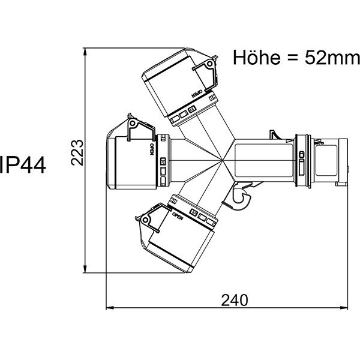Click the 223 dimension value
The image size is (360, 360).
(x=77, y=152)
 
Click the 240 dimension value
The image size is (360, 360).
(x=235, y=301)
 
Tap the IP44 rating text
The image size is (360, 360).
(x=23, y=164)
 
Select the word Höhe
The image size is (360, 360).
(x=256, y=58)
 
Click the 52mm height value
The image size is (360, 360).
(x=332, y=58)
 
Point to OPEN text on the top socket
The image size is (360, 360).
(x=197, y=94)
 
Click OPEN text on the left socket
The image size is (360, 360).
(x=152, y=149)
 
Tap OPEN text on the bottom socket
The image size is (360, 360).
(x=178, y=216)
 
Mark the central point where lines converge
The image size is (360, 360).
(x=222, y=160)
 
